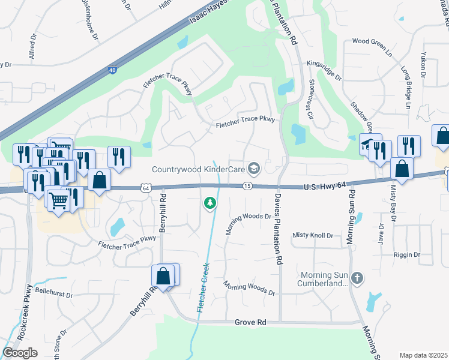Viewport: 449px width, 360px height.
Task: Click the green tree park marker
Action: [x=209, y=203]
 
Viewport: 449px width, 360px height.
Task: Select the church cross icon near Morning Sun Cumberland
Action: [x=357, y=278]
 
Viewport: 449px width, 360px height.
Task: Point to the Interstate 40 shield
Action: [x=113, y=71]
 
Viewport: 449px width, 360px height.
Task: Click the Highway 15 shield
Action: [x=247, y=187]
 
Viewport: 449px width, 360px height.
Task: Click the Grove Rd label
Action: [x=254, y=322]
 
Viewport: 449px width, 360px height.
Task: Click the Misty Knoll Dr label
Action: [x=312, y=235]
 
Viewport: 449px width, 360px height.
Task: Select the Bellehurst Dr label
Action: [x=53, y=295]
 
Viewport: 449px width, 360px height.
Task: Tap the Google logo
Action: [x=20, y=352]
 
